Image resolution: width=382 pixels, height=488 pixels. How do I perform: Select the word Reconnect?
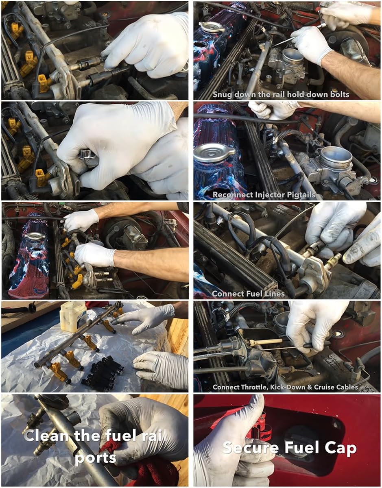(x=232, y=195)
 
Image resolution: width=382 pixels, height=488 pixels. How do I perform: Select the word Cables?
(x=347, y=387)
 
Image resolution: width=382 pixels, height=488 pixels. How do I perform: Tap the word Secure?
(x=251, y=448)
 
